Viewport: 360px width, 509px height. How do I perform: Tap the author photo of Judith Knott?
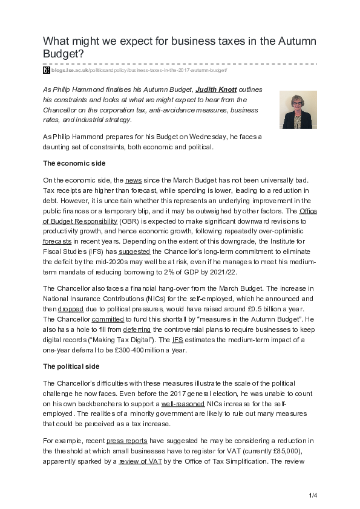coord(296,111)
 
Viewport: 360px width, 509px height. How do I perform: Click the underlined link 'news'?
coord(133,180)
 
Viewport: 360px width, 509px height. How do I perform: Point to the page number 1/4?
coord(313,496)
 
